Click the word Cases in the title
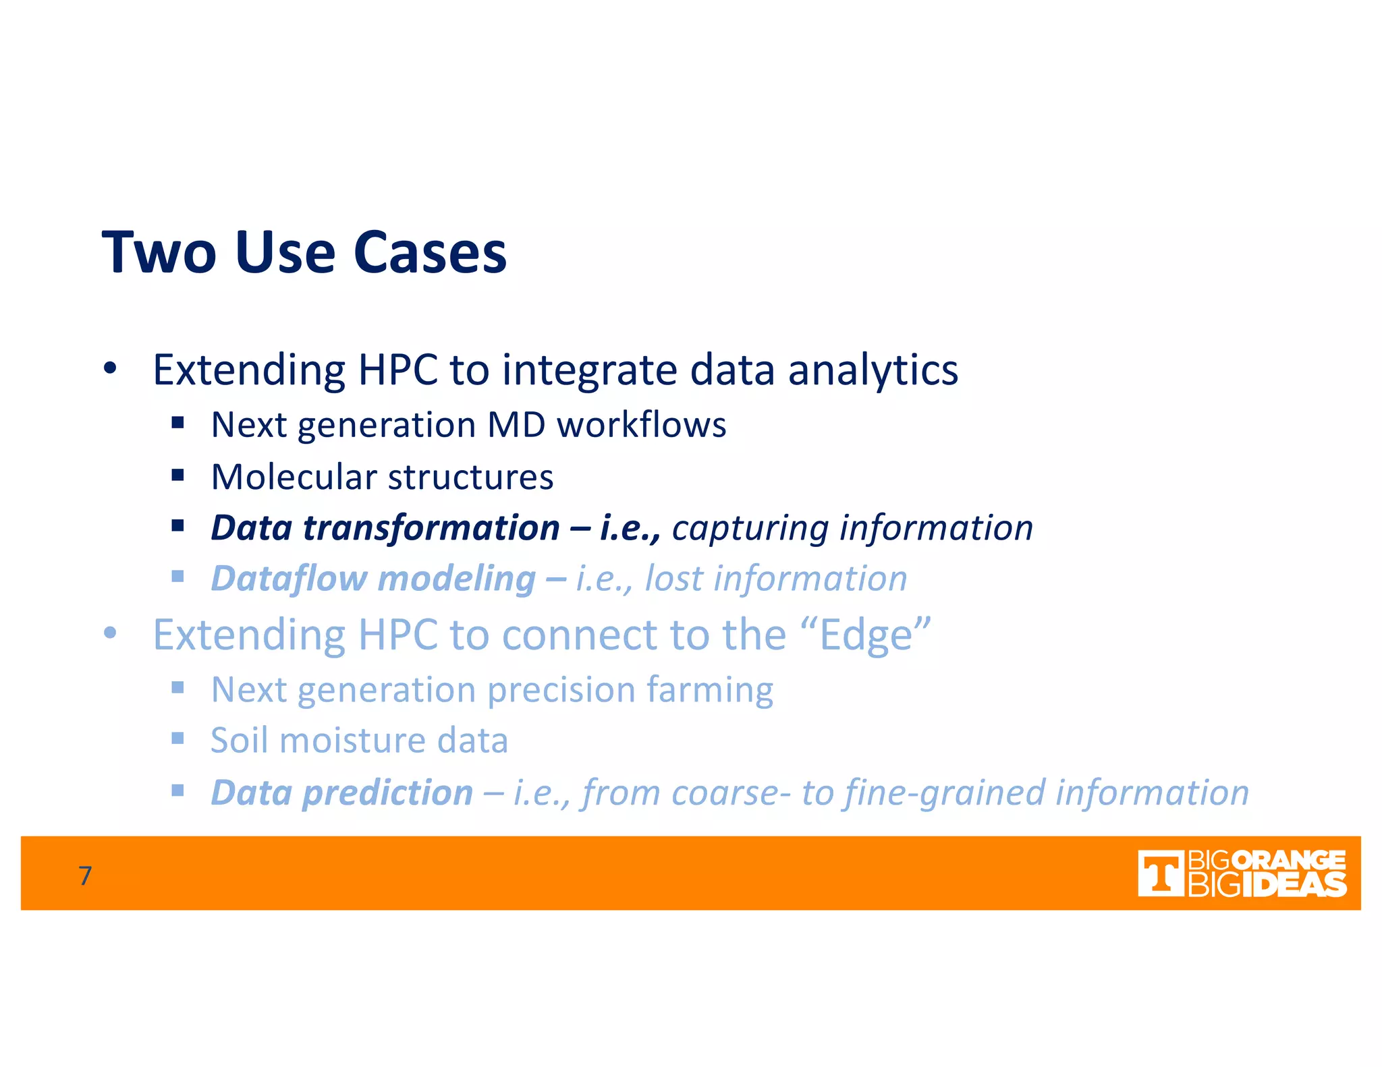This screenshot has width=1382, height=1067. pyautogui.click(x=429, y=253)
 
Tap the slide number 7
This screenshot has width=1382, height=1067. pyautogui.click(x=85, y=875)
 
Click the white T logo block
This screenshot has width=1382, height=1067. pyautogui.click(x=1160, y=873)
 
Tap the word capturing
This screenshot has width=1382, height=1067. pyautogui.click(x=750, y=528)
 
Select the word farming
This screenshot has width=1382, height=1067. pyautogui.click(x=709, y=690)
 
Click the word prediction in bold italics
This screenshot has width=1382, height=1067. pyautogui.click(x=387, y=792)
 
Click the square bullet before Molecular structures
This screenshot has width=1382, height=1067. pyautogui.click(x=177, y=475)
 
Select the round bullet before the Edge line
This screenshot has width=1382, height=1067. pyautogui.click(x=110, y=634)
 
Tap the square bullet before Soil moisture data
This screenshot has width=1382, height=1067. pyautogui.click(x=177, y=739)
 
